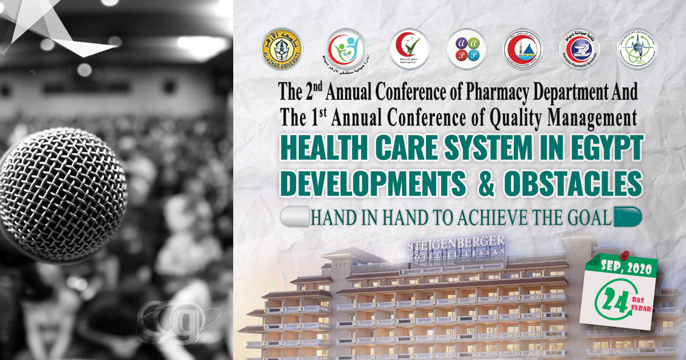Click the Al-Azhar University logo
click(282, 47)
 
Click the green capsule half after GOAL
click(627, 217)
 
